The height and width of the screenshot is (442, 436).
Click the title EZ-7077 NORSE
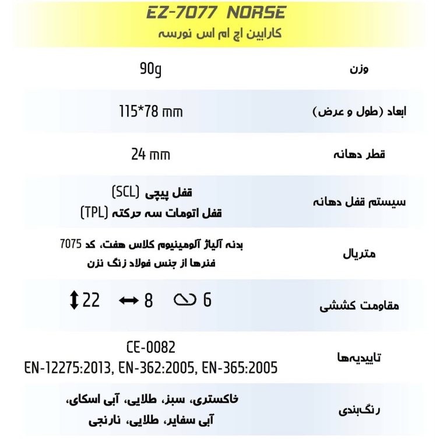click(x=216, y=12)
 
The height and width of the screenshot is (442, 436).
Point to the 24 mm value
click(x=150, y=155)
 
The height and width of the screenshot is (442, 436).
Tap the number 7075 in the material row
click(x=71, y=245)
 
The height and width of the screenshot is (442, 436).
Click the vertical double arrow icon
click(x=73, y=301)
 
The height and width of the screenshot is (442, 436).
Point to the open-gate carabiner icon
click(x=185, y=301)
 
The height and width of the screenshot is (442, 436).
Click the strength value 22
click(x=91, y=301)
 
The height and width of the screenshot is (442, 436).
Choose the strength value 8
click(x=149, y=301)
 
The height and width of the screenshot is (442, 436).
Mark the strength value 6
click(x=208, y=301)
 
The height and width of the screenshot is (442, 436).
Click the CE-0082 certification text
click(x=150, y=348)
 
